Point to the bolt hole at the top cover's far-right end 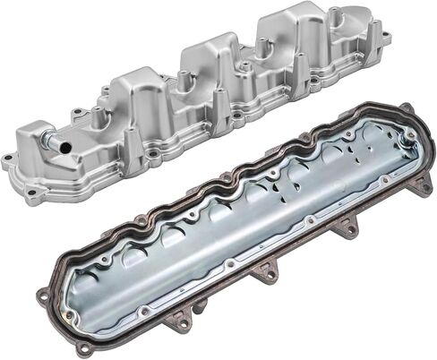(x=386, y=39)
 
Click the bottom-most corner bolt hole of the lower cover (x=83, y=347)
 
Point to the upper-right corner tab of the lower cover (x=407, y=112)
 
